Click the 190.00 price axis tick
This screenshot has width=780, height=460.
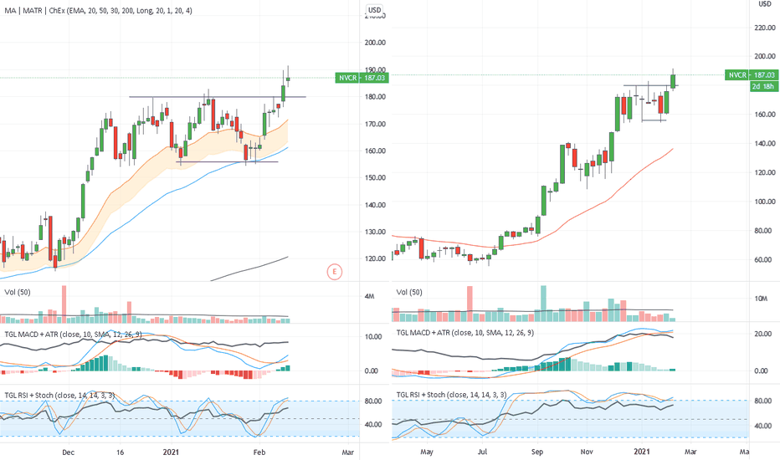pos(376,70)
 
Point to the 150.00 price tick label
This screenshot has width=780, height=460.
pos(376,178)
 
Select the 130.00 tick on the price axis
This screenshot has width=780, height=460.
pos(376,232)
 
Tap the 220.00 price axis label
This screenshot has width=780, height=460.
pos(766,28)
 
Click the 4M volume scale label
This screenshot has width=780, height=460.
pos(369,296)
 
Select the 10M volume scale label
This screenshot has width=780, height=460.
pos(763,299)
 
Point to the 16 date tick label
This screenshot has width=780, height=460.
pos(121,452)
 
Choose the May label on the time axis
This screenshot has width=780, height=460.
pos(428,452)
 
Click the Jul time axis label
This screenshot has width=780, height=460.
pos(483,452)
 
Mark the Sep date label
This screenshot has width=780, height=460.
pos(536,452)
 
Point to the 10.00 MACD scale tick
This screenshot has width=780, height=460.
pos(373,336)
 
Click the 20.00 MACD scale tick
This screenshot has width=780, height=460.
pos(763,335)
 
